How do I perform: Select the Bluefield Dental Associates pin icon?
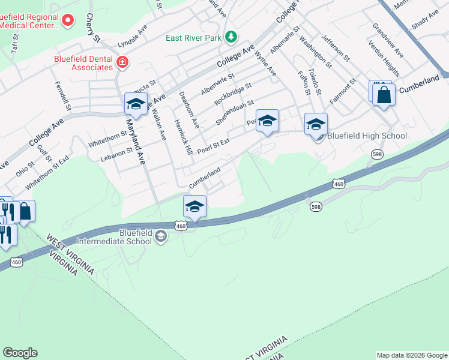[122, 62]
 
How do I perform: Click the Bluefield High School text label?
[367, 136]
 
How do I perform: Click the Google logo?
[20, 353]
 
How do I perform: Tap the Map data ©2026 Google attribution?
[411, 355]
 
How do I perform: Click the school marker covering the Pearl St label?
[267, 120]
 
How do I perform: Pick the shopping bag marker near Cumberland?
[383, 94]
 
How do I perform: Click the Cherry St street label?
[92, 28]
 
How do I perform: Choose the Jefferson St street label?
[336, 47]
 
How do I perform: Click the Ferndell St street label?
[63, 95]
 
